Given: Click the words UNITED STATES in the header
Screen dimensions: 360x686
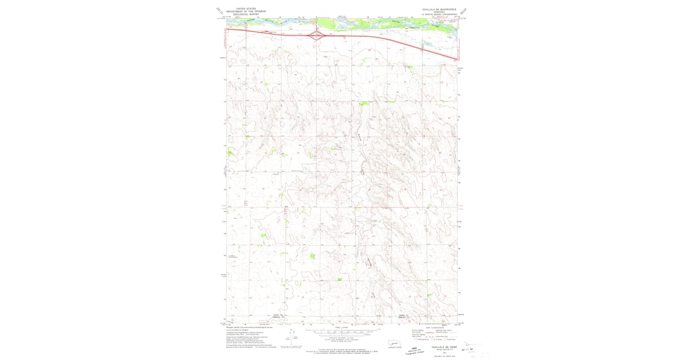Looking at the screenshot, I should click(246, 9).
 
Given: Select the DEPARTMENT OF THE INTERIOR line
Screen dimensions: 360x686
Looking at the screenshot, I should click(246, 11).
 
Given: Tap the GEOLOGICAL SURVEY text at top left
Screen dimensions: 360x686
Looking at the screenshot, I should click(246, 14).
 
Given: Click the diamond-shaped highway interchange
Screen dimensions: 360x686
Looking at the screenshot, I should click(316, 35).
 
